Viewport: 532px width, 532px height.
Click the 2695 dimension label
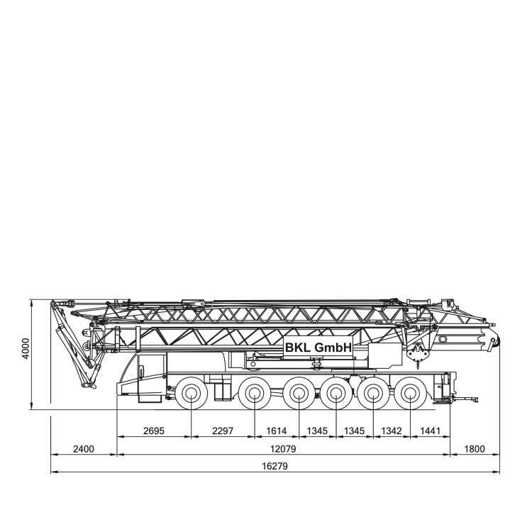pyautogui.click(x=154, y=431)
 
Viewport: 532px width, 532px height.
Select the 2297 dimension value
pyautogui.click(x=223, y=431)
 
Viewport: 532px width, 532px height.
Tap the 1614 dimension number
pyautogui.click(x=276, y=431)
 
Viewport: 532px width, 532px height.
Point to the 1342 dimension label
pyautogui.click(x=392, y=431)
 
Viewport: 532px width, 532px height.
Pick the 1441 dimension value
pyautogui.click(x=430, y=431)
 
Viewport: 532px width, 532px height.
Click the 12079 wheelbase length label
pyautogui.click(x=283, y=449)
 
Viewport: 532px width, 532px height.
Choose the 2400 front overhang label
pyautogui.click(x=84, y=449)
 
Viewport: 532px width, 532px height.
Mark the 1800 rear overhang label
pyautogui.click(x=475, y=449)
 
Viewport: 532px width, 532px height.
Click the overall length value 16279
pyautogui.click(x=275, y=466)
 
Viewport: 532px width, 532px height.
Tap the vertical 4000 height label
pyautogui.click(x=26, y=348)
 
